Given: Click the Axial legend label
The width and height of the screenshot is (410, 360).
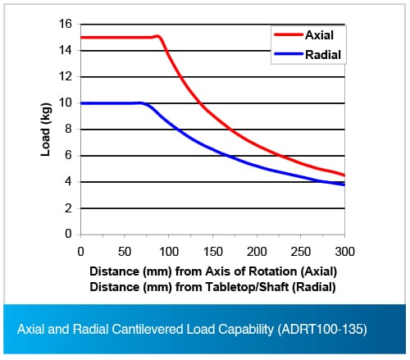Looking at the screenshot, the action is [x=319, y=35].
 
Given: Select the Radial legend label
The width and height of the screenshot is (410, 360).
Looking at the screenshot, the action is [x=323, y=55].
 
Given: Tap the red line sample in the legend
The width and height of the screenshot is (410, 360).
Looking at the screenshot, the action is [x=289, y=34].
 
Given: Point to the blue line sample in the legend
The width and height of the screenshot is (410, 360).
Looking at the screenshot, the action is [x=289, y=54].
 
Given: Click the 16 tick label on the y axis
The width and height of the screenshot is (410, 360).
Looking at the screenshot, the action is [x=65, y=24].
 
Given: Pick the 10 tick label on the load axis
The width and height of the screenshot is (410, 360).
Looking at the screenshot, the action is [x=65, y=103].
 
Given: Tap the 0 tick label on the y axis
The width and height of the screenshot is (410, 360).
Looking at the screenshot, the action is [x=68, y=234].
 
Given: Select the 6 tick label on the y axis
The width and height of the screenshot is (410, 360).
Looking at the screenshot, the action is [x=68, y=155].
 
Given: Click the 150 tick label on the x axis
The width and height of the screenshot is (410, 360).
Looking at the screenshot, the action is [x=212, y=252].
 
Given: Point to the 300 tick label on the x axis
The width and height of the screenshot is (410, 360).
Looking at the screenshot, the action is [x=344, y=252].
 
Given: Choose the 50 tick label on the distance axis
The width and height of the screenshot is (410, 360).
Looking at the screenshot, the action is [x=125, y=252].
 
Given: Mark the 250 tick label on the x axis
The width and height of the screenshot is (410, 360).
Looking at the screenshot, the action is [x=301, y=252].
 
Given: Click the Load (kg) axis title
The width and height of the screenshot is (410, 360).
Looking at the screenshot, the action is [x=46, y=130].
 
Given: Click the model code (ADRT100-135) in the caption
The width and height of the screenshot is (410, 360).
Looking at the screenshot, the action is [x=322, y=329].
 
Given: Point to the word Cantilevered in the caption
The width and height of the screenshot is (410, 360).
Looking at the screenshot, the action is [x=148, y=329].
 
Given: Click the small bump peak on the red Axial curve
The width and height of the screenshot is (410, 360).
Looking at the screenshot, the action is [x=157, y=36].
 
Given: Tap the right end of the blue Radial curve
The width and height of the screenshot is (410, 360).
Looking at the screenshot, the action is [x=344, y=185].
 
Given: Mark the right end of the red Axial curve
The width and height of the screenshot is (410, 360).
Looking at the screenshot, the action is [x=344, y=175].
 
